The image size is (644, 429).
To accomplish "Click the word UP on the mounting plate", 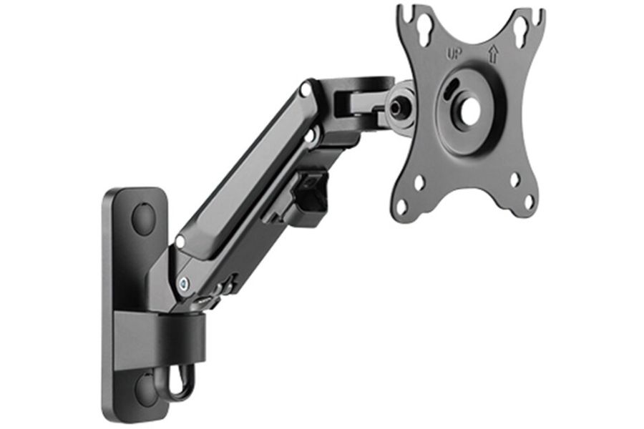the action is (455, 54).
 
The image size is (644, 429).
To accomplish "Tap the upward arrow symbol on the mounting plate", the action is (493, 54).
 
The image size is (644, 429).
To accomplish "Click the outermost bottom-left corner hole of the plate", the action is (404, 202).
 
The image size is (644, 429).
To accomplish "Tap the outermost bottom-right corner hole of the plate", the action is (530, 200).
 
